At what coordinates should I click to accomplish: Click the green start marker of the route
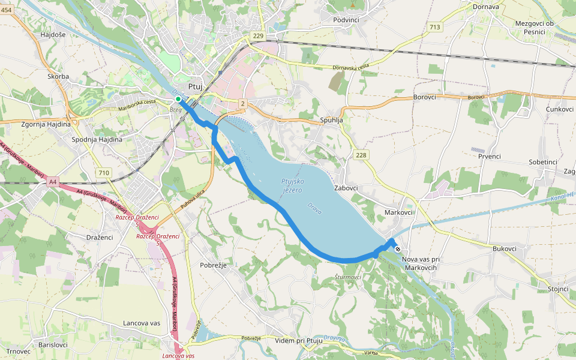pyautogui.click(x=178, y=99)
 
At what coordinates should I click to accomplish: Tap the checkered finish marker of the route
pyautogui.click(x=397, y=249)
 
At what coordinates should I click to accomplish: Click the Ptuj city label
pyautogui.click(x=195, y=86)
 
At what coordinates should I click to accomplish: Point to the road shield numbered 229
pyautogui.click(x=258, y=37)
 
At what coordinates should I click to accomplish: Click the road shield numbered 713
pyautogui.click(x=435, y=27)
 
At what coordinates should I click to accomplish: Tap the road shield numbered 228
pyautogui.click(x=361, y=155)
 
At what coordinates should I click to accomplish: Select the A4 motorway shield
pyautogui.click(x=53, y=181)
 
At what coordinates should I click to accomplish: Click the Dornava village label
pyautogui.click(x=486, y=7)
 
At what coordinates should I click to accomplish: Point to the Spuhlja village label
pyautogui.click(x=331, y=120)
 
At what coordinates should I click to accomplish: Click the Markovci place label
pyautogui.click(x=398, y=212)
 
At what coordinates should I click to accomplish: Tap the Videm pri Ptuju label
pyautogui.click(x=298, y=341)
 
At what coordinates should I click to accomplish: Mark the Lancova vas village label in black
pyautogui.click(x=142, y=323)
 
